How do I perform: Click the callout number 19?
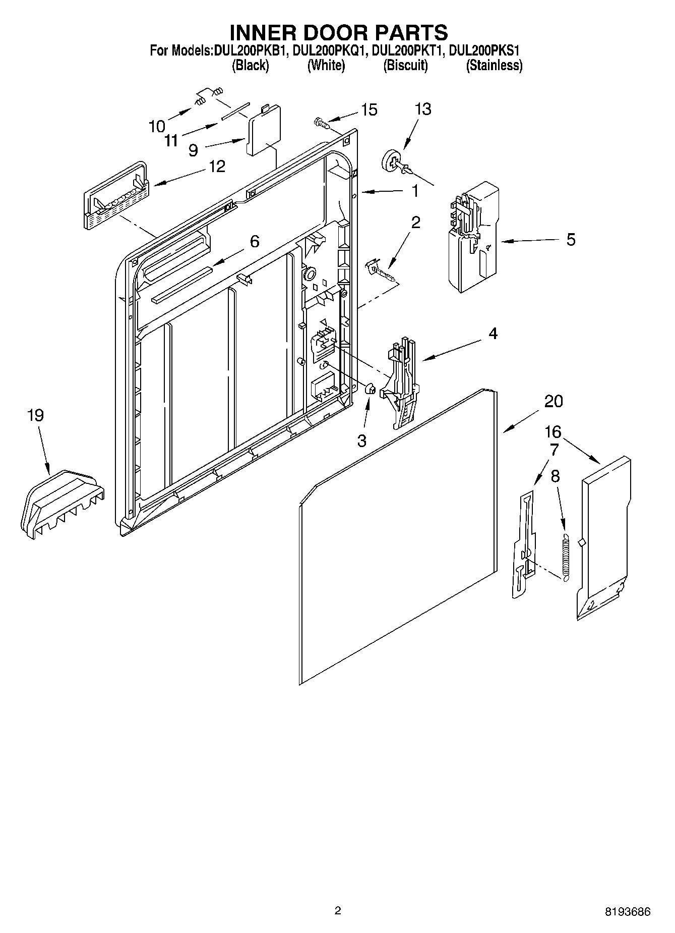[x=35, y=416]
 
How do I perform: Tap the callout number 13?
[x=423, y=109]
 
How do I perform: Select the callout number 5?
[x=570, y=240]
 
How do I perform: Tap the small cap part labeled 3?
[x=370, y=389]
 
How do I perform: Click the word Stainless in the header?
[x=494, y=66]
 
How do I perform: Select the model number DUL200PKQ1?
[x=328, y=50]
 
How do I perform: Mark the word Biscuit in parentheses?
[x=405, y=66]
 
